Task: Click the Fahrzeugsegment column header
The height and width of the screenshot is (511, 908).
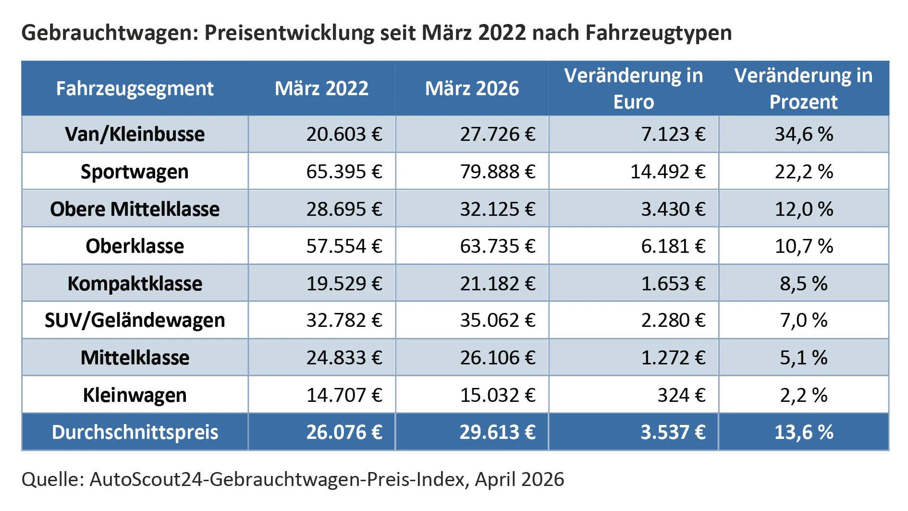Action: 135,88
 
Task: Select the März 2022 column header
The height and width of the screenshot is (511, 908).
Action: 321,88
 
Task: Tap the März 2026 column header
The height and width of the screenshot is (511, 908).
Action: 472,88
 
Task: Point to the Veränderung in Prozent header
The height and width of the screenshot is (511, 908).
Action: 803,88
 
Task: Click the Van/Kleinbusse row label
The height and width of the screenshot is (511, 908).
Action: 135,134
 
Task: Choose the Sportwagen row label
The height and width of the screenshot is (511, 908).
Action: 135,172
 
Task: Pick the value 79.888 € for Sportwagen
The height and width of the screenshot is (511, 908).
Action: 497,172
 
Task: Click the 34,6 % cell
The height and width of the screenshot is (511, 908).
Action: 803,134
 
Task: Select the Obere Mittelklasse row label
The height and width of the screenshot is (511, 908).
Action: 135,209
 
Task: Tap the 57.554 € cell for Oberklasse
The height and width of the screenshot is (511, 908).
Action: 344,246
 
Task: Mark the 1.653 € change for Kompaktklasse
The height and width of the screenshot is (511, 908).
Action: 673,284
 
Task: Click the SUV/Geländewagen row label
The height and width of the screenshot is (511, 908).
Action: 135,320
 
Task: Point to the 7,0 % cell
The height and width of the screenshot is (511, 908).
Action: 803,320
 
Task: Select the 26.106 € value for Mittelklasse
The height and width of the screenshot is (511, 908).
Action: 497,358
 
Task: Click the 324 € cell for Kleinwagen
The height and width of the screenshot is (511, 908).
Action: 681,395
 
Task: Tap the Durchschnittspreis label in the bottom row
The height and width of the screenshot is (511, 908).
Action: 135,432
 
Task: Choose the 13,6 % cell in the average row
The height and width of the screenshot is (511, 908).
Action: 803,432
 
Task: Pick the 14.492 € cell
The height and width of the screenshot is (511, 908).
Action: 667,172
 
